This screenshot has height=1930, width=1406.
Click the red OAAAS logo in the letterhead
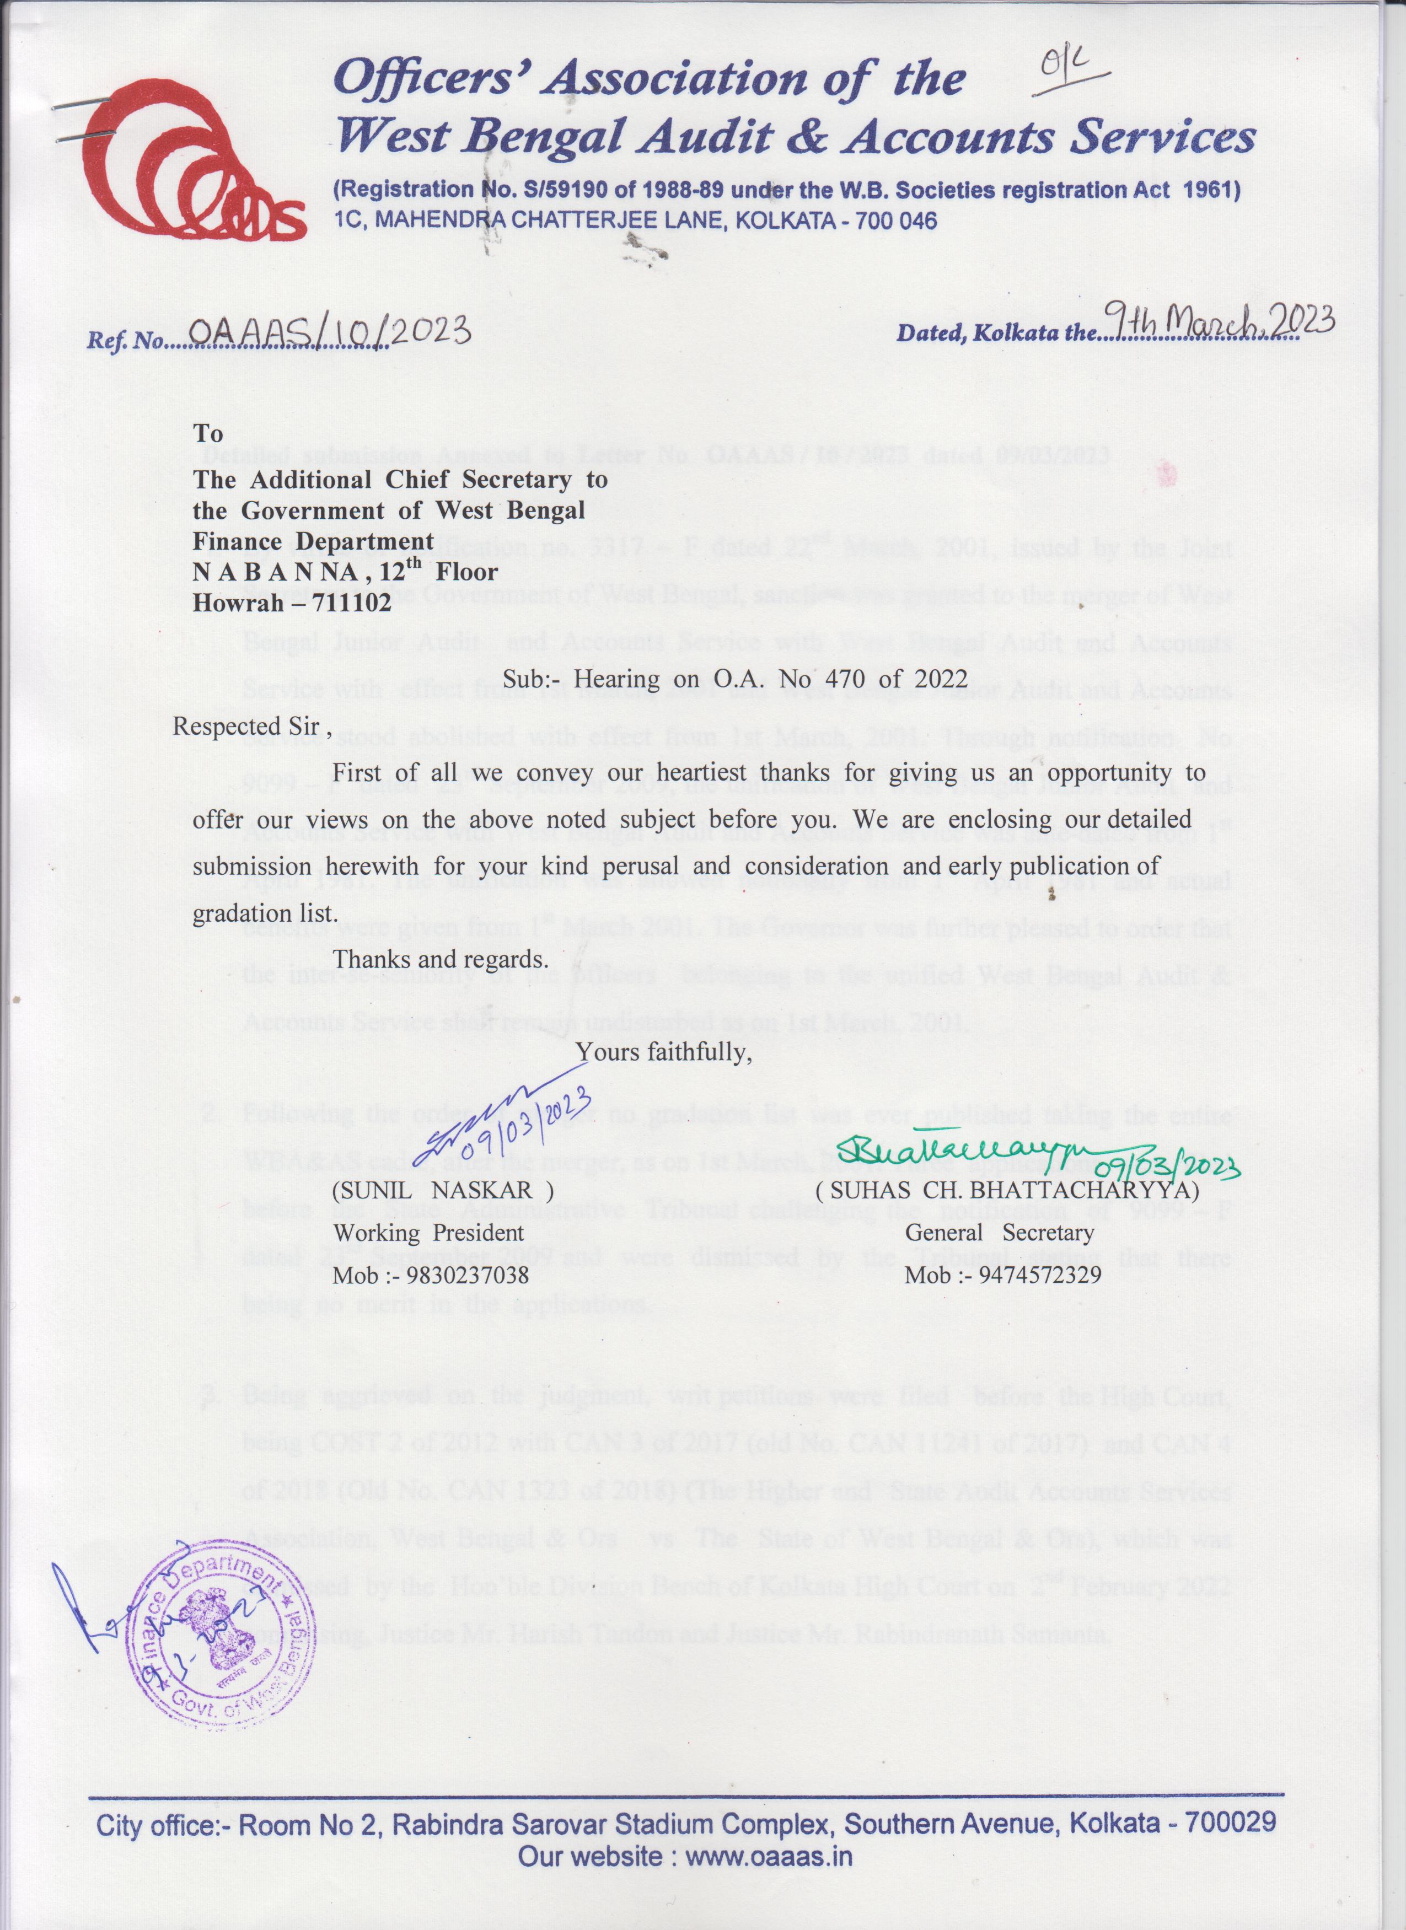(194, 162)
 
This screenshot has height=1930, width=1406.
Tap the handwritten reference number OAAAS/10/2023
(328, 333)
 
